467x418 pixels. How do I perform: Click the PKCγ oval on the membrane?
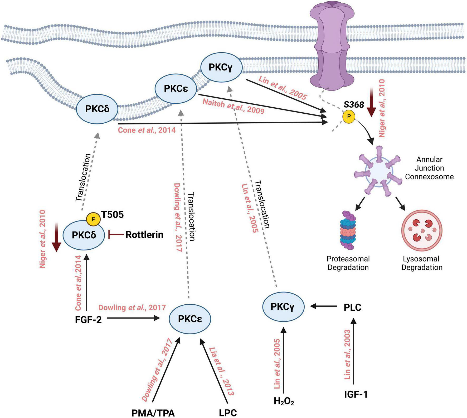[x=221, y=68]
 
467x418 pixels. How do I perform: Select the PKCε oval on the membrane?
[x=176, y=89]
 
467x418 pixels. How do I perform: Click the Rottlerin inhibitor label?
[x=144, y=235]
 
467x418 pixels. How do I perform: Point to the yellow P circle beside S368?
[x=349, y=116]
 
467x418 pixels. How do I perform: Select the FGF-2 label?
[x=88, y=320]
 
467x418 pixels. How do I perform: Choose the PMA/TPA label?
[x=153, y=412]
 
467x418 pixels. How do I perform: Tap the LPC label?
[x=228, y=412]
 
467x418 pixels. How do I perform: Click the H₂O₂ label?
[x=284, y=401]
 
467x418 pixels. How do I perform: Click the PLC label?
[x=352, y=307]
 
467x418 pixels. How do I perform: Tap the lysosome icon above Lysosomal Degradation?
[x=421, y=230]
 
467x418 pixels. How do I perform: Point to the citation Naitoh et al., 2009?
[x=233, y=106]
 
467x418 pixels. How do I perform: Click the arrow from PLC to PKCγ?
[x=324, y=306]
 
